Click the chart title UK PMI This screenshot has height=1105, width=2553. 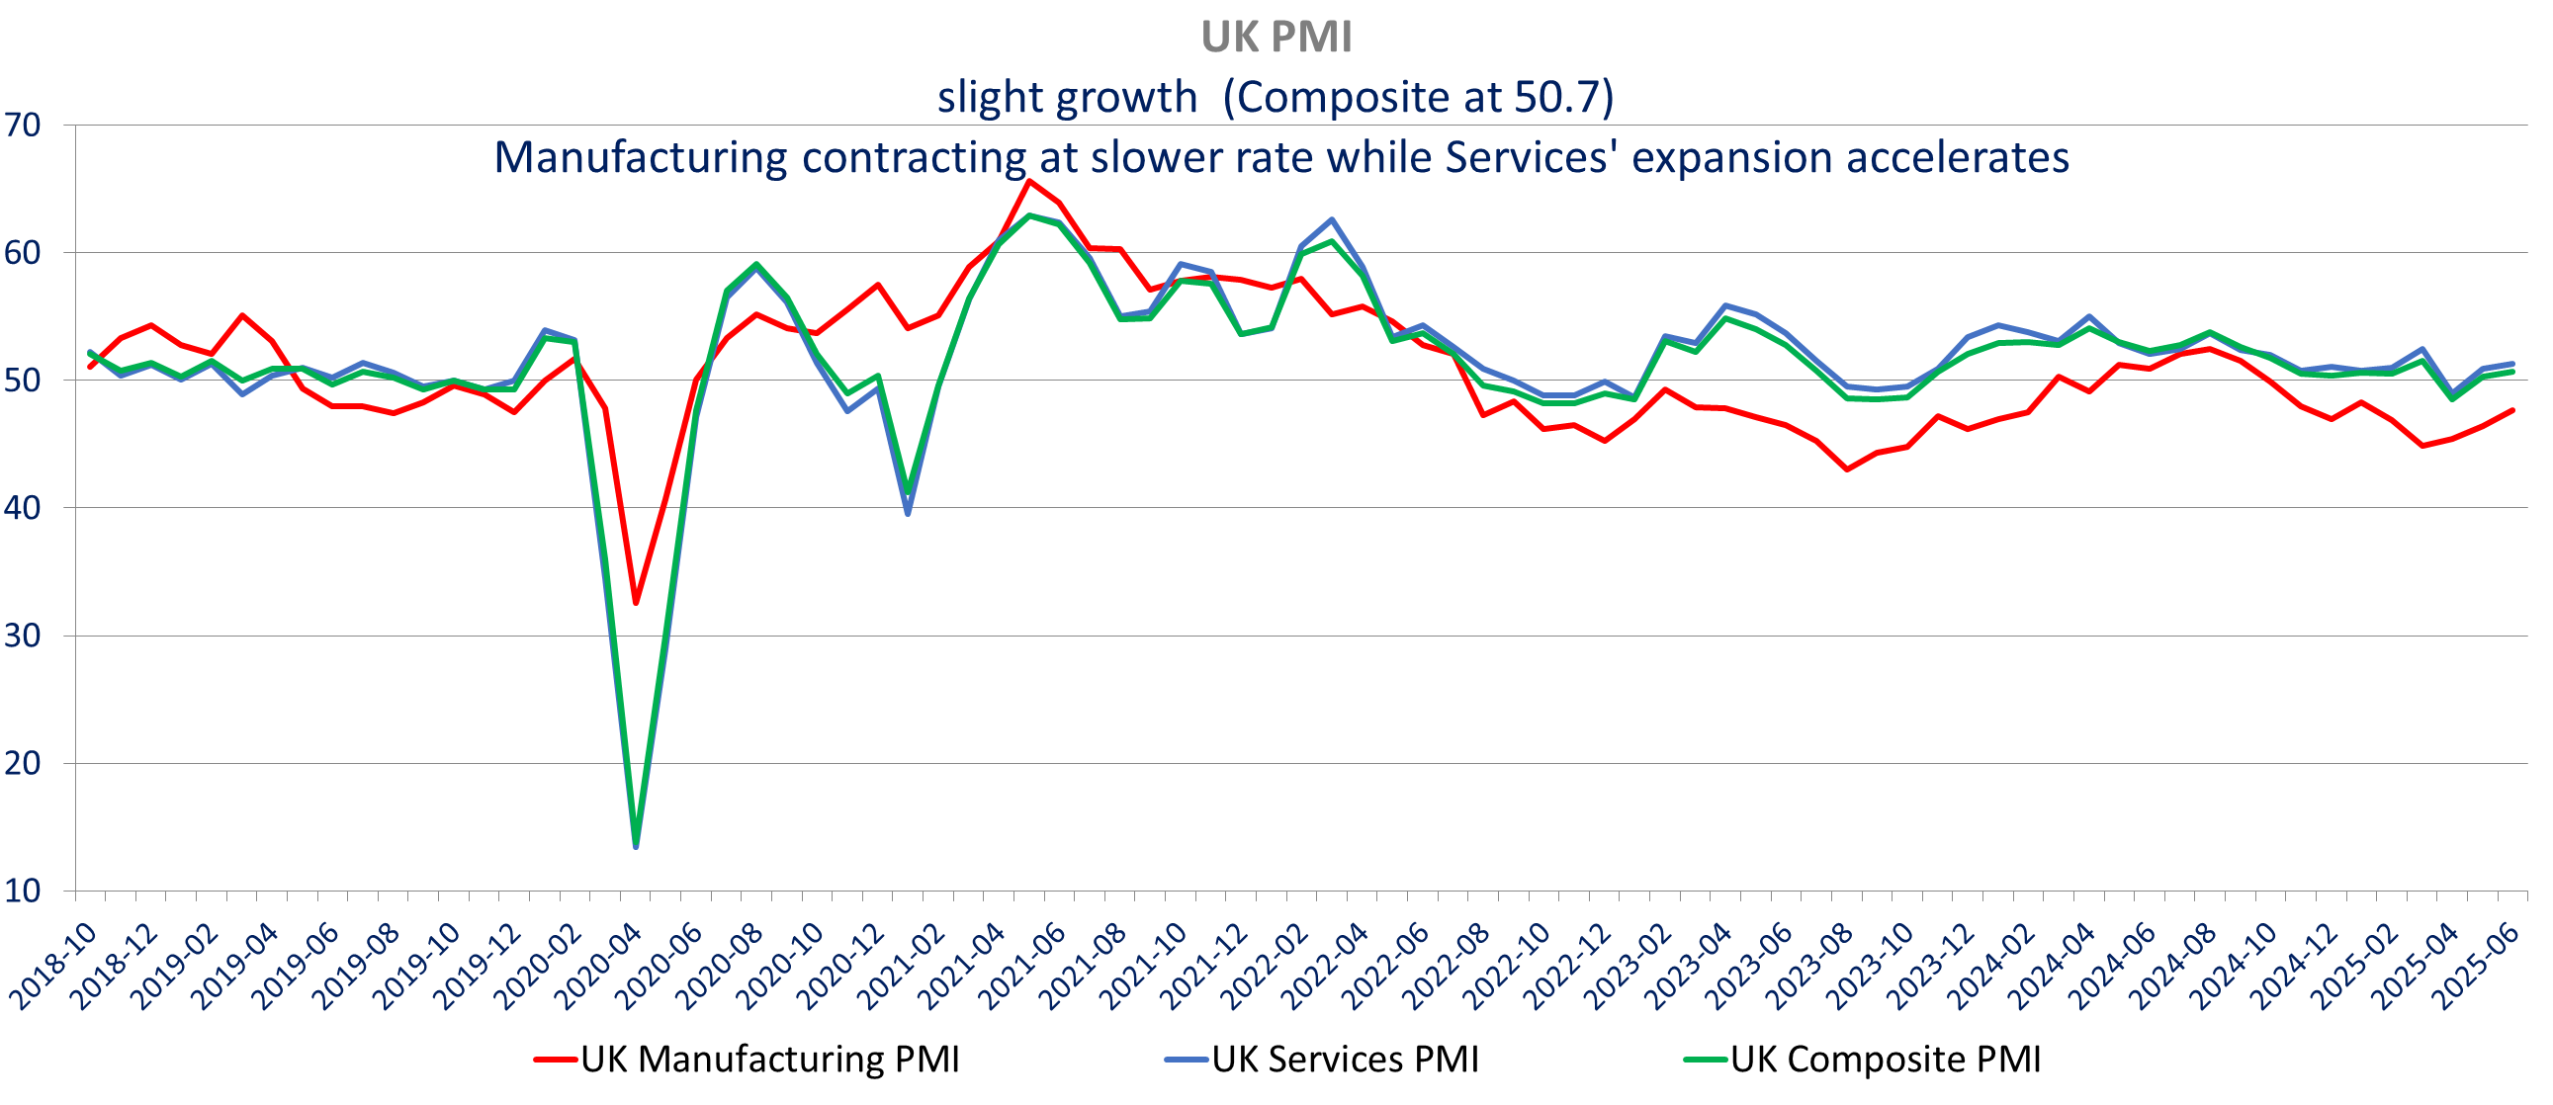tap(1276, 38)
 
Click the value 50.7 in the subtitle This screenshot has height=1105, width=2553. tap(1557, 97)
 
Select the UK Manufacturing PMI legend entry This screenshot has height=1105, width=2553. tap(748, 1060)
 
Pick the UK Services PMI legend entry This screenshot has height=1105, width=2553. tap(1322, 1060)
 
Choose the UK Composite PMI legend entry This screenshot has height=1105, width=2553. tap(1862, 1060)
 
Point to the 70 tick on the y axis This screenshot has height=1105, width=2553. tap(22, 125)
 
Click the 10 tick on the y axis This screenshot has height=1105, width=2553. tap(22, 891)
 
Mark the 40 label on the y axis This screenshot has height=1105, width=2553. tap(22, 508)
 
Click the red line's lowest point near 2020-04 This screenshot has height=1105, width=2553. tap(635, 603)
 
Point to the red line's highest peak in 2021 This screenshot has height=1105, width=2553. tap(1028, 180)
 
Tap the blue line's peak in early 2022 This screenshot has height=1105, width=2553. tap(1331, 220)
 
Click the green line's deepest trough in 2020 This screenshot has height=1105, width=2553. tap(635, 840)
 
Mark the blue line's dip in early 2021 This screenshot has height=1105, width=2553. tap(908, 513)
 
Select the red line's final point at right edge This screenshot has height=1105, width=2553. tap(2511, 410)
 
